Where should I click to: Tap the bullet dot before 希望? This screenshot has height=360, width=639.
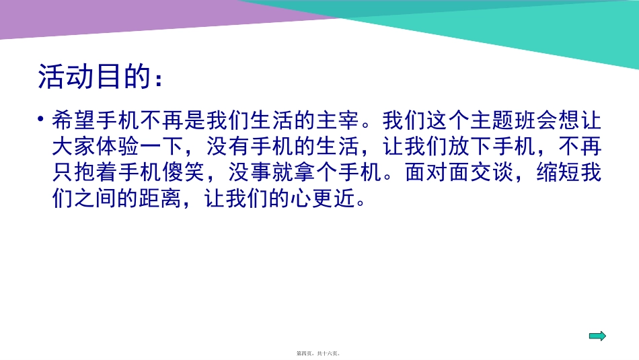point(41,120)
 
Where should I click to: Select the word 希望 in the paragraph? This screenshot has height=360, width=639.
point(75,121)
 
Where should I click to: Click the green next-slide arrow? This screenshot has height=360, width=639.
point(597,336)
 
